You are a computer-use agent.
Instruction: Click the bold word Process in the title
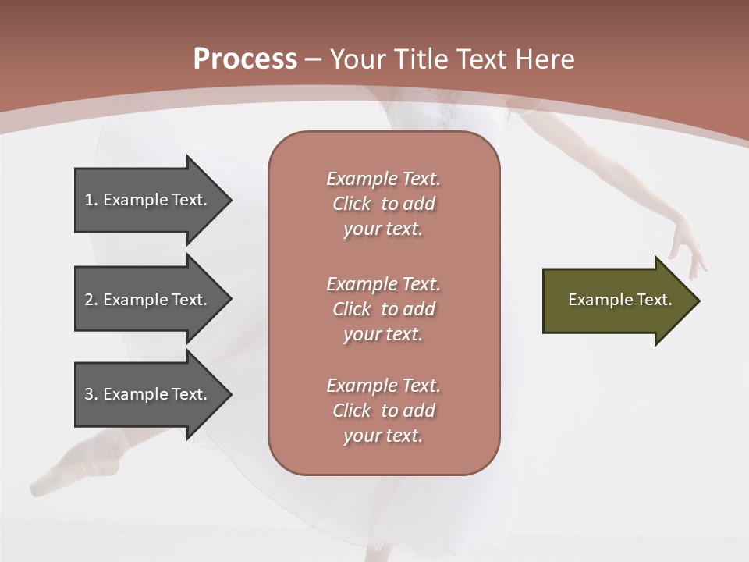(245, 59)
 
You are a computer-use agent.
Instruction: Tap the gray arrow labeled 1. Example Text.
(148, 200)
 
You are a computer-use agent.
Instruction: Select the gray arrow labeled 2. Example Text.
(148, 300)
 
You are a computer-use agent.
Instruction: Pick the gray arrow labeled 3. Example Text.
(148, 394)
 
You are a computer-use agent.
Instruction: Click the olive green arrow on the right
(616, 301)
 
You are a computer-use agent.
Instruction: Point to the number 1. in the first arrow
(91, 200)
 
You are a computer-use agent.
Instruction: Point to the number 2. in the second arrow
(91, 300)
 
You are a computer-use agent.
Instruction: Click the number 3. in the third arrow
(91, 394)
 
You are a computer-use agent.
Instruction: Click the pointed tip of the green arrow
(696, 301)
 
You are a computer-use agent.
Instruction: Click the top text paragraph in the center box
(383, 204)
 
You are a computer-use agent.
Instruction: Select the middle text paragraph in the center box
(383, 309)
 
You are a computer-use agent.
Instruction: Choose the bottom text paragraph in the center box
(383, 411)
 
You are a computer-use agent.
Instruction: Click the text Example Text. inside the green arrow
(619, 300)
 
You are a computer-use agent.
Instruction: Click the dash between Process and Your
(313, 60)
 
